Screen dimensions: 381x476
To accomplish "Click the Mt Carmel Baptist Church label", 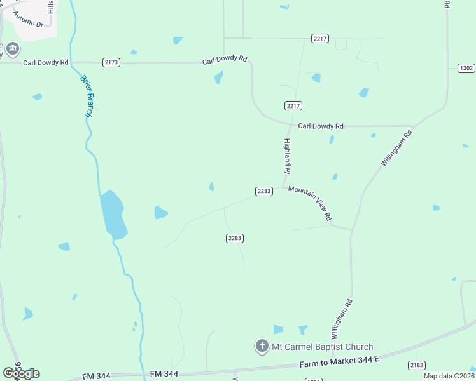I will point(322,347).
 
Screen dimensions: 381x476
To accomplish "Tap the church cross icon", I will point(262,346).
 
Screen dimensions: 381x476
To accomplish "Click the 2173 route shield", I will point(111,62).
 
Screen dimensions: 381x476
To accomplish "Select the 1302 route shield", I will point(466,68).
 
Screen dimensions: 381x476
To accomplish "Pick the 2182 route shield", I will point(416,365).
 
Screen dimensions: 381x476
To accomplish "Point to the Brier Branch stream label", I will point(87,96).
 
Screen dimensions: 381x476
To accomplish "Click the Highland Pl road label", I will point(287,156).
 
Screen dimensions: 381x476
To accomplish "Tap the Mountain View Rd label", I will point(310,203).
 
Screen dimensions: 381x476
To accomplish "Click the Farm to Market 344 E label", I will point(339,362).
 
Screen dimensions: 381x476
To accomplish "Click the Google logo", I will point(21,373).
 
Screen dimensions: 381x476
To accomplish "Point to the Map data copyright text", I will point(449,376).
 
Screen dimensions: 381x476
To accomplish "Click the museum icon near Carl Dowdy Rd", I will point(13,49).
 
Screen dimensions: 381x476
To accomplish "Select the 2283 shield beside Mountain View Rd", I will point(264,191).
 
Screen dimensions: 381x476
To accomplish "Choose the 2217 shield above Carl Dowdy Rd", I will point(293,105).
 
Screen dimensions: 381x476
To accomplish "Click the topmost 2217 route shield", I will point(320,39).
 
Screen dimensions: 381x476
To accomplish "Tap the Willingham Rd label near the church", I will point(340,319).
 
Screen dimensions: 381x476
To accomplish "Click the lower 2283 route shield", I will point(235,238).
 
